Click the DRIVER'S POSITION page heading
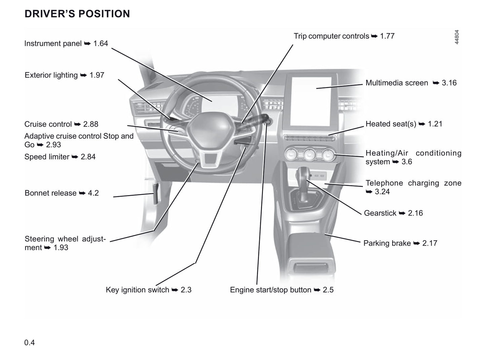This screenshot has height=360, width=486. click(x=77, y=13)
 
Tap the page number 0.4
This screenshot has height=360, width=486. click(x=29, y=343)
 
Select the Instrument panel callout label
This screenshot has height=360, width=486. click(x=66, y=43)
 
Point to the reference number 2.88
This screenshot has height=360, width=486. click(x=91, y=124)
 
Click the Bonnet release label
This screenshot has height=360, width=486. click(x=62, y=193)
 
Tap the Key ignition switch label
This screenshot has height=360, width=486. click(x=149, y=290)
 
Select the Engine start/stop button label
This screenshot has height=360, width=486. click(x=282, y=290)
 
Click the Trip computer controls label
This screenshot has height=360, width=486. click(x=344, y=36)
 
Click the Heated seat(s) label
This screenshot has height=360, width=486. click(x=404, y=124)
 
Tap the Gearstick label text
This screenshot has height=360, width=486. click(x=393, y=213)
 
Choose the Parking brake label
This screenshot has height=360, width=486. click(x=400, y=243)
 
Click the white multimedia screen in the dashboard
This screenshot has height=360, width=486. click(x=311, y=102)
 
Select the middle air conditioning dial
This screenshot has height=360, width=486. click(x=309, y=154)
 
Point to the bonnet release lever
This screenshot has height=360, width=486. click(x=156, y=194)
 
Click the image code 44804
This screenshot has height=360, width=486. click(x=457, y=37)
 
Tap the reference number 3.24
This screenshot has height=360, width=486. click(x=382, y=192)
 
